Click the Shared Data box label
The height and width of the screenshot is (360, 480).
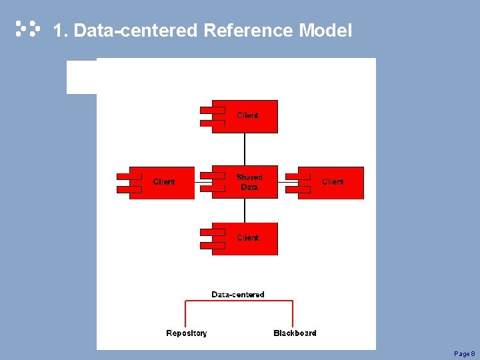pos(249,182)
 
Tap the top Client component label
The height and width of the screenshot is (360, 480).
pos(248,115)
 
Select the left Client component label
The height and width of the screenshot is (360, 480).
pos(164,181)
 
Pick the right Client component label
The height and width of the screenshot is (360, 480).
pos(333,181)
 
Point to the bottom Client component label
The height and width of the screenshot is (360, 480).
pos(248,237)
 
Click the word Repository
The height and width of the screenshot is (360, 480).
pos(187,333)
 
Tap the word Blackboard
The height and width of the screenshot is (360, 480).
pos(295,333)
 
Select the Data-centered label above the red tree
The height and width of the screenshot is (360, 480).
pos(238,294)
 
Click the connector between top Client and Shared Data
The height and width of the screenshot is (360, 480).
pos(245,149)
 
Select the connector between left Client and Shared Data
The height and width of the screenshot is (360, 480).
pos(198,181)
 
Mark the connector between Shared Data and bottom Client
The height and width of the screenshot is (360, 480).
pos(245,211)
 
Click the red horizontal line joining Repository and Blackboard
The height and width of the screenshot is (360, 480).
pos(239,302)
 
